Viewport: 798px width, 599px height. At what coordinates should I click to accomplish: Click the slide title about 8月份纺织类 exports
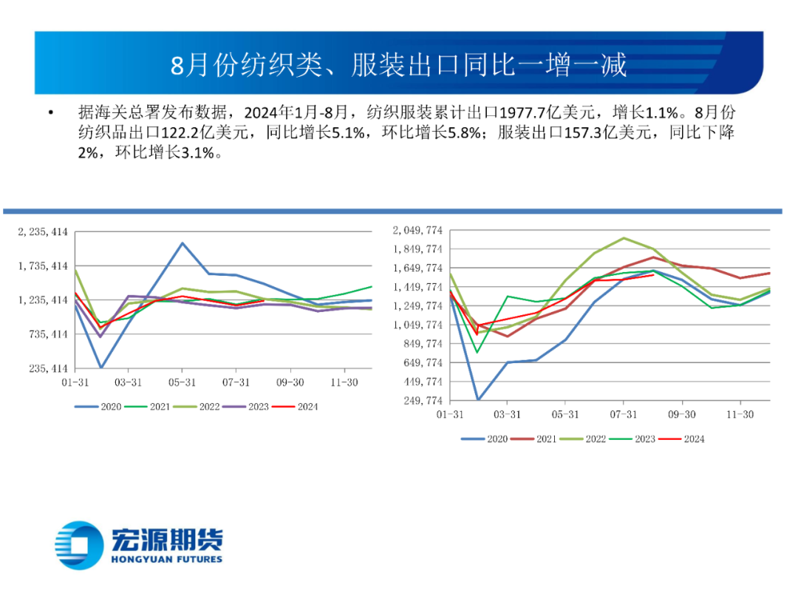click(x=399, y=65)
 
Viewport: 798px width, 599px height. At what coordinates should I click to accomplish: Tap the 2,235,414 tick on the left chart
click(x=43, y=231)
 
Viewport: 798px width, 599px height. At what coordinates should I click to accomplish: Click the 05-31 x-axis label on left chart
click(x=182, y=383)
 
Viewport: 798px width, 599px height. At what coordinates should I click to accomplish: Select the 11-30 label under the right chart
click(x=740, y=415)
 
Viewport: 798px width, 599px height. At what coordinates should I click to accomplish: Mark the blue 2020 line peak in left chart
click(x=182, y=243)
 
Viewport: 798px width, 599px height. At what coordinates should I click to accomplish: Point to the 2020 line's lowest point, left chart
click(x=101, y=368)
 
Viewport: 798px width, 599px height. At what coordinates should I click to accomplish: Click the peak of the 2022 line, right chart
click(x=624, y=238)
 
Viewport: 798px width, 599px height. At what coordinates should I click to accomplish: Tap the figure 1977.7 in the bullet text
click(x=523, y=112)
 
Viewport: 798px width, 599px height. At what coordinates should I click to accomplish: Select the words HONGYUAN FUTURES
click(x=166, y=560)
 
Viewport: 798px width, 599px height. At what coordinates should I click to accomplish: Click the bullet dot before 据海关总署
click(x=50, y=113)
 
